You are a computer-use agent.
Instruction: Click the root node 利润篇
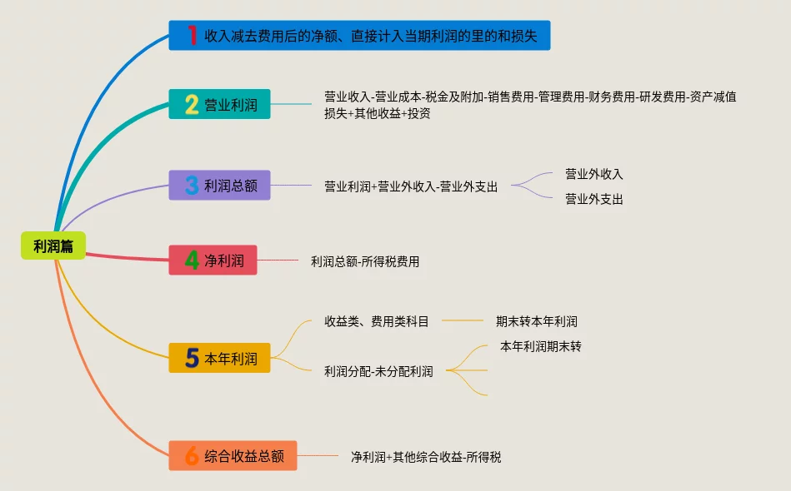(x=53, y=246)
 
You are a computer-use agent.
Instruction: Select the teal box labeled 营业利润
(x=219, y=105)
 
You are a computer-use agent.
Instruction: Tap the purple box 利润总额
(x=219, y=186)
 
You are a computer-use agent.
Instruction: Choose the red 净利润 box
(x=213, y=260)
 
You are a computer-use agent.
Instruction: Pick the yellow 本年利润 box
(x=219, y=359)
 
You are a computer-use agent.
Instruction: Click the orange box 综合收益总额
(x=233, y=456)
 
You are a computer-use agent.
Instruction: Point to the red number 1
(x=192, y=36)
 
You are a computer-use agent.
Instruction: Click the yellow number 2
(x=192, y=105)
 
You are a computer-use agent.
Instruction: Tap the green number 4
(x=192, y=260)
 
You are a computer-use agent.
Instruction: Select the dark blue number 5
(x=192, y=359)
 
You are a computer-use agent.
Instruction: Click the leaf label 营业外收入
(x=594, y=174)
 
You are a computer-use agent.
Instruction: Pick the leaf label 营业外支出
(x=594, y=199)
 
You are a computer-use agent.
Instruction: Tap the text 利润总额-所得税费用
(x=365, y=261)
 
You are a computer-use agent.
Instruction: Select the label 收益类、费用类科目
(x=377, y=321)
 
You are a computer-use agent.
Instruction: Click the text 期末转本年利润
(x=537, y=321)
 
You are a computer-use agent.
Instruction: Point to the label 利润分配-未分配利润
(x=378, y=371)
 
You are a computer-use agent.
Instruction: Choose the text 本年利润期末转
(x=541, y=346)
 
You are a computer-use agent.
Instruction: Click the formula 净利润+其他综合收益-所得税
(x=426, y=457)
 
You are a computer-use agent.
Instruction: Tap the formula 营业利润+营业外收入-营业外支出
(x=411, y=186)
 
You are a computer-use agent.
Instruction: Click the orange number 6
(x=192, y=456)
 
